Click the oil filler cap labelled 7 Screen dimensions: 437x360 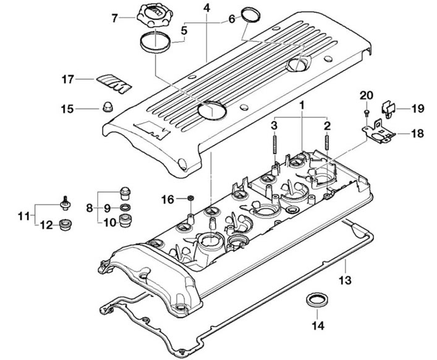(151, 16)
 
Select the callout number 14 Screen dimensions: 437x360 (318, 325)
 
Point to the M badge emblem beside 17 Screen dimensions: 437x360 (114, 83)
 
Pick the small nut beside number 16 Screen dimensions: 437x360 (191, 198)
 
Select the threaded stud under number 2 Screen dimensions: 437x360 (326, 143)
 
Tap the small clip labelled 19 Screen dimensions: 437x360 (388, 110)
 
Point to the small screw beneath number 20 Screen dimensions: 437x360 (367, 112)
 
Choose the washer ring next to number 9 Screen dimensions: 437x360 (125, 207)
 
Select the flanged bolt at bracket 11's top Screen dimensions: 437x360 (66, 203)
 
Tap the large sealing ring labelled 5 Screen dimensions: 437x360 (154, 42)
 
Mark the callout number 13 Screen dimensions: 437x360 (345, 280)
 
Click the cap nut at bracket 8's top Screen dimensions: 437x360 (125, 193)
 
